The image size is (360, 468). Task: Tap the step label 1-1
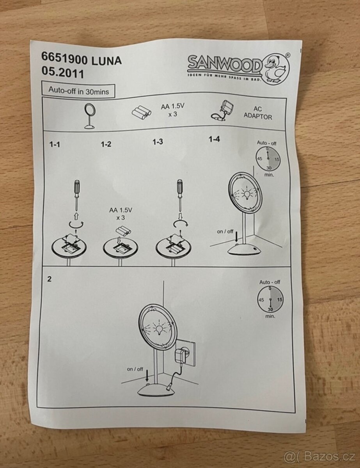point(55,144)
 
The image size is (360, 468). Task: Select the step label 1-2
point(106,144)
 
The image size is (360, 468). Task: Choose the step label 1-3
point(158,142)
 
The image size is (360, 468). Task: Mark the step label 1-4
point(214,139)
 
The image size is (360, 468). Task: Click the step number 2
point(49,279)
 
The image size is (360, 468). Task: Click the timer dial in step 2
point(270,299)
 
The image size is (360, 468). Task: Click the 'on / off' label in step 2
point(135,369)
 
